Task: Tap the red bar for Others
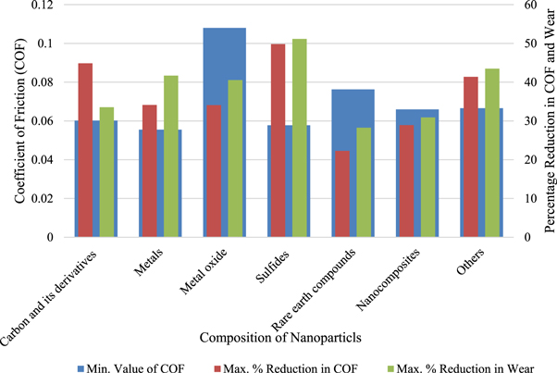point(470,156)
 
